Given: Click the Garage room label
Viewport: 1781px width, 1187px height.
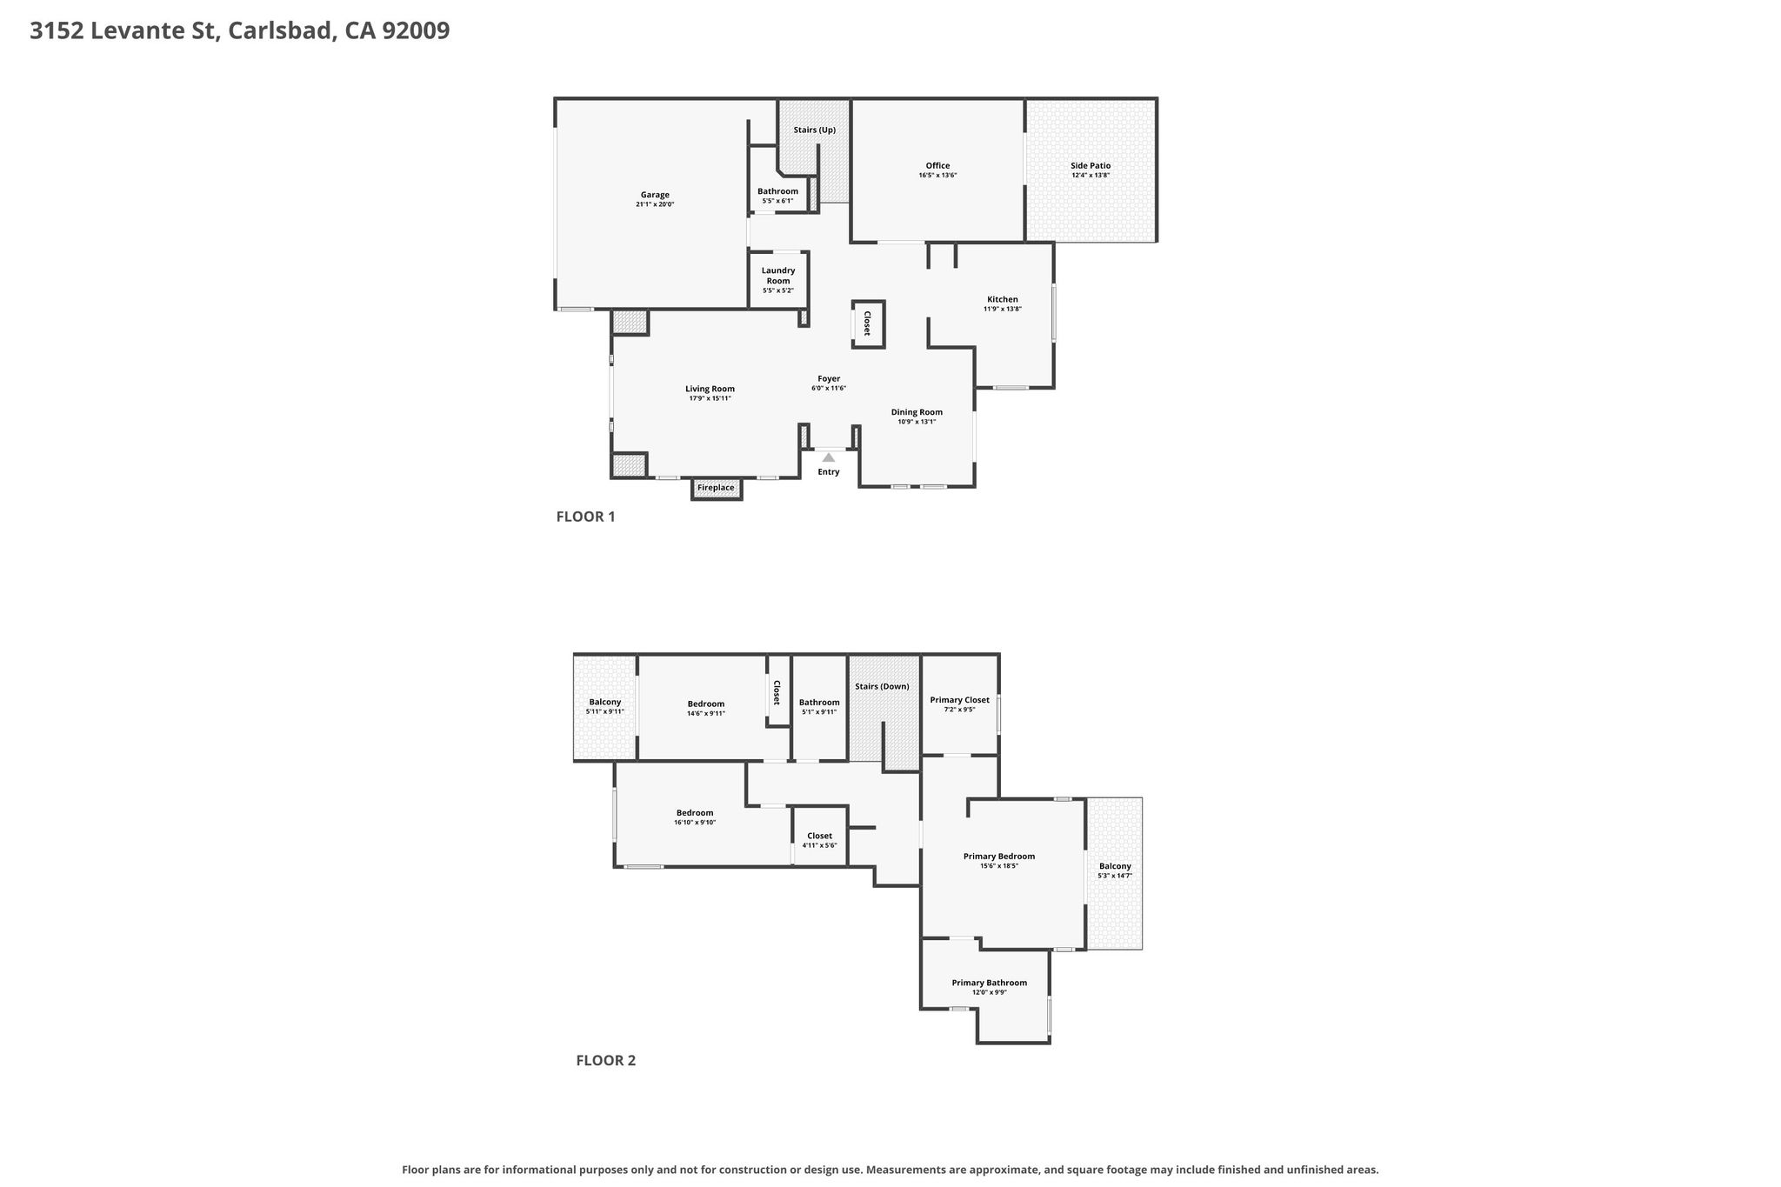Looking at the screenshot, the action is [x=655, y=195].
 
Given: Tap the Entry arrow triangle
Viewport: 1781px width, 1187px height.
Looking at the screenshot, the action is [x=829, y=457].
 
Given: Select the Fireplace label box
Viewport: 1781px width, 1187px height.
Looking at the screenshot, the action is [x=717, y=488].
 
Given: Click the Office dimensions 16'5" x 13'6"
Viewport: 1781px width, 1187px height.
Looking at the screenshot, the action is [x=937, y=176].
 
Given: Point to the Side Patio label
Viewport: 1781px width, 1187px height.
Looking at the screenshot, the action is [x=1091, y=166].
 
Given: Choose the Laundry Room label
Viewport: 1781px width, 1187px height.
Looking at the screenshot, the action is [x=778, y=276].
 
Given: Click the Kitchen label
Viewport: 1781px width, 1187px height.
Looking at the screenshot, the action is [x=1003, y=299].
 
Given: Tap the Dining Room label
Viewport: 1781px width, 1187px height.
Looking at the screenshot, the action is [x=917, y=412].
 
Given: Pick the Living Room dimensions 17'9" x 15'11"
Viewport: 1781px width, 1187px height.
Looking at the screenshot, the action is [x=710, y=398].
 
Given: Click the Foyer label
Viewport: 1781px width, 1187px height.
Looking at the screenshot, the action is [x=829, y=379].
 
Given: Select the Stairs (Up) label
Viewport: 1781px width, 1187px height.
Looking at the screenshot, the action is [x=815, y=130].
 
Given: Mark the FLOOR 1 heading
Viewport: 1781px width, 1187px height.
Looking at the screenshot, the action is [x=586, y=517].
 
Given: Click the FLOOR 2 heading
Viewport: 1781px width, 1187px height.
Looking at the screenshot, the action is [x=606, y=1060].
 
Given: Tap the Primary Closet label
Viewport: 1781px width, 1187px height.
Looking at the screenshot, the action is [x=959, y=700].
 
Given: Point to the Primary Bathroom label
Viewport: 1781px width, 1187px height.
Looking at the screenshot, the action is [x=989, y=983].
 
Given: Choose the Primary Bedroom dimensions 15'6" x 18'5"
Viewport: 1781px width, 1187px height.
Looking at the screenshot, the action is [x=999, y=866].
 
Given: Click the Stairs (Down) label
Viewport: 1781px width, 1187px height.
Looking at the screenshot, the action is [x=882, y=687].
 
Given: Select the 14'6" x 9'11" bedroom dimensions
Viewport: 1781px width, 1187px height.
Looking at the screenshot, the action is [x=706, y=714].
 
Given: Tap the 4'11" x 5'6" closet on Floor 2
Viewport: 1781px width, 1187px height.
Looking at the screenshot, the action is [x=819, y=841].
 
